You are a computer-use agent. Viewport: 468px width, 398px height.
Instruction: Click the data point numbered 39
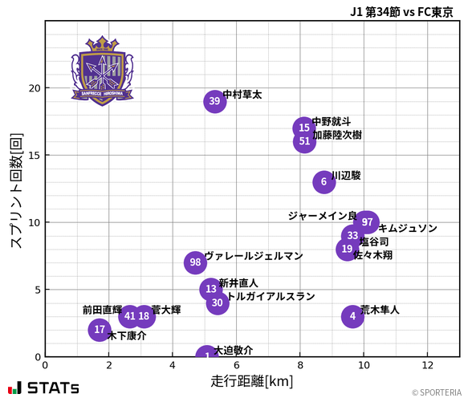(x=214, y=101)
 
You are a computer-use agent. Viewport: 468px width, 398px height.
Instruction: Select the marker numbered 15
(x=304, y=128)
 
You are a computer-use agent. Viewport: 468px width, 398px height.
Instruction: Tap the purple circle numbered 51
(x=304, y=142)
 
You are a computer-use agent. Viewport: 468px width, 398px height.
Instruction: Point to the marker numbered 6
(x=324, y=182)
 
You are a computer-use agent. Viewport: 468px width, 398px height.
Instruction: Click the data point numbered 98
(x=195, y=262)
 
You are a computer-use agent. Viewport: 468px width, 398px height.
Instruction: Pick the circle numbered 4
(x=352, y=316)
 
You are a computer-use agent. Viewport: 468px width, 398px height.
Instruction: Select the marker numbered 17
(x=100, y=330)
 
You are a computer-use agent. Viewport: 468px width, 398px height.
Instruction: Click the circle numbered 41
(x=130, y=316)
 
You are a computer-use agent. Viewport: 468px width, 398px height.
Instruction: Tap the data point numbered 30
(x=218, y=303)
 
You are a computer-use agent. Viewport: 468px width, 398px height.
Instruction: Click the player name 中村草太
(x=242, y=95)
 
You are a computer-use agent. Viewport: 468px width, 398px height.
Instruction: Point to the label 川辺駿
(x=346, y=175)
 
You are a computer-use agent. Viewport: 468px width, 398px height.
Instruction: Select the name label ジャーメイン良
(x=322, y=216)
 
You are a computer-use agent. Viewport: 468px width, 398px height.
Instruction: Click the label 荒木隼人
(x=380, y=310)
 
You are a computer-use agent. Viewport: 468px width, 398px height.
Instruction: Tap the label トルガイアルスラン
(x=271, y=296)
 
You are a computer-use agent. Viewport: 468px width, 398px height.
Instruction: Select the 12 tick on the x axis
(x=427, y=365)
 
